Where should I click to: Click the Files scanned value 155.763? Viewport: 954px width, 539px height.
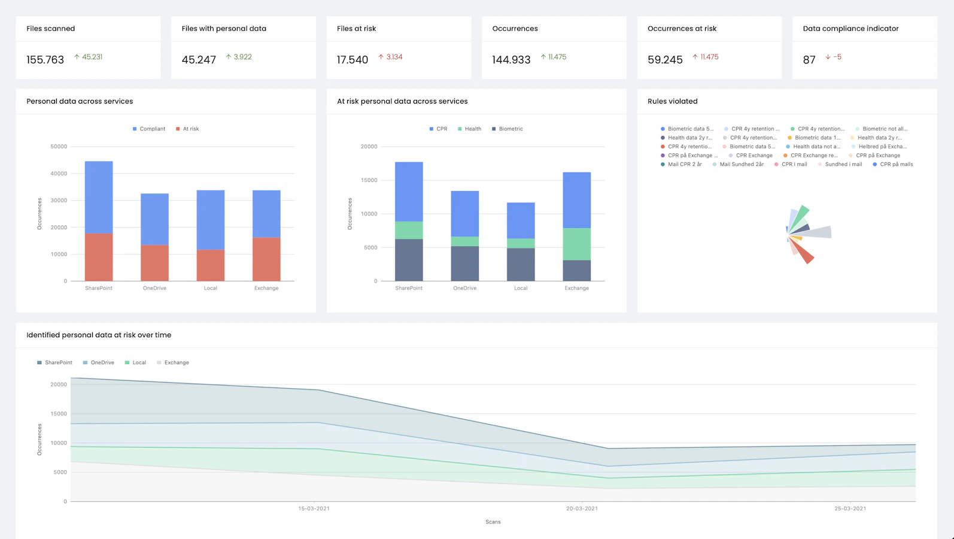45,60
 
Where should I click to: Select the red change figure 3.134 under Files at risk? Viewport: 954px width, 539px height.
394,57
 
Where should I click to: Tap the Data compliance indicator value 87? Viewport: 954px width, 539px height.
809,60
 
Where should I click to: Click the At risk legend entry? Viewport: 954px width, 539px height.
187,129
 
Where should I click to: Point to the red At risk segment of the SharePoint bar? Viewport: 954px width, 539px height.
99,257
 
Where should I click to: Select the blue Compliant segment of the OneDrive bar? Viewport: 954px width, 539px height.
154,219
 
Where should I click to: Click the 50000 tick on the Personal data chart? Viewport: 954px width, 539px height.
59,147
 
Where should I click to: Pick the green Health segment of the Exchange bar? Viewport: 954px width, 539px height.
577,244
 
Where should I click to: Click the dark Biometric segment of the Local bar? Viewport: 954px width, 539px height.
521,265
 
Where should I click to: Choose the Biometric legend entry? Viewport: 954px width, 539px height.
508,129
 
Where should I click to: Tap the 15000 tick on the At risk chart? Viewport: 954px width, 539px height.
369,180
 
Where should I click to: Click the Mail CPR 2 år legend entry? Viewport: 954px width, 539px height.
681,164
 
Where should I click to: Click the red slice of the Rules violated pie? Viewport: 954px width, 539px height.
802,252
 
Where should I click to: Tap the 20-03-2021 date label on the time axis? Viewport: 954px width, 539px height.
582,508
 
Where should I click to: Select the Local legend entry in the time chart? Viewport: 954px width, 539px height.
135,362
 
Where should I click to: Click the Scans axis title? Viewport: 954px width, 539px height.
493,522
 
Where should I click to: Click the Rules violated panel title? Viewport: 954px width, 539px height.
673,101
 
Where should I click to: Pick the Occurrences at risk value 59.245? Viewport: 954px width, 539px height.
665,60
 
